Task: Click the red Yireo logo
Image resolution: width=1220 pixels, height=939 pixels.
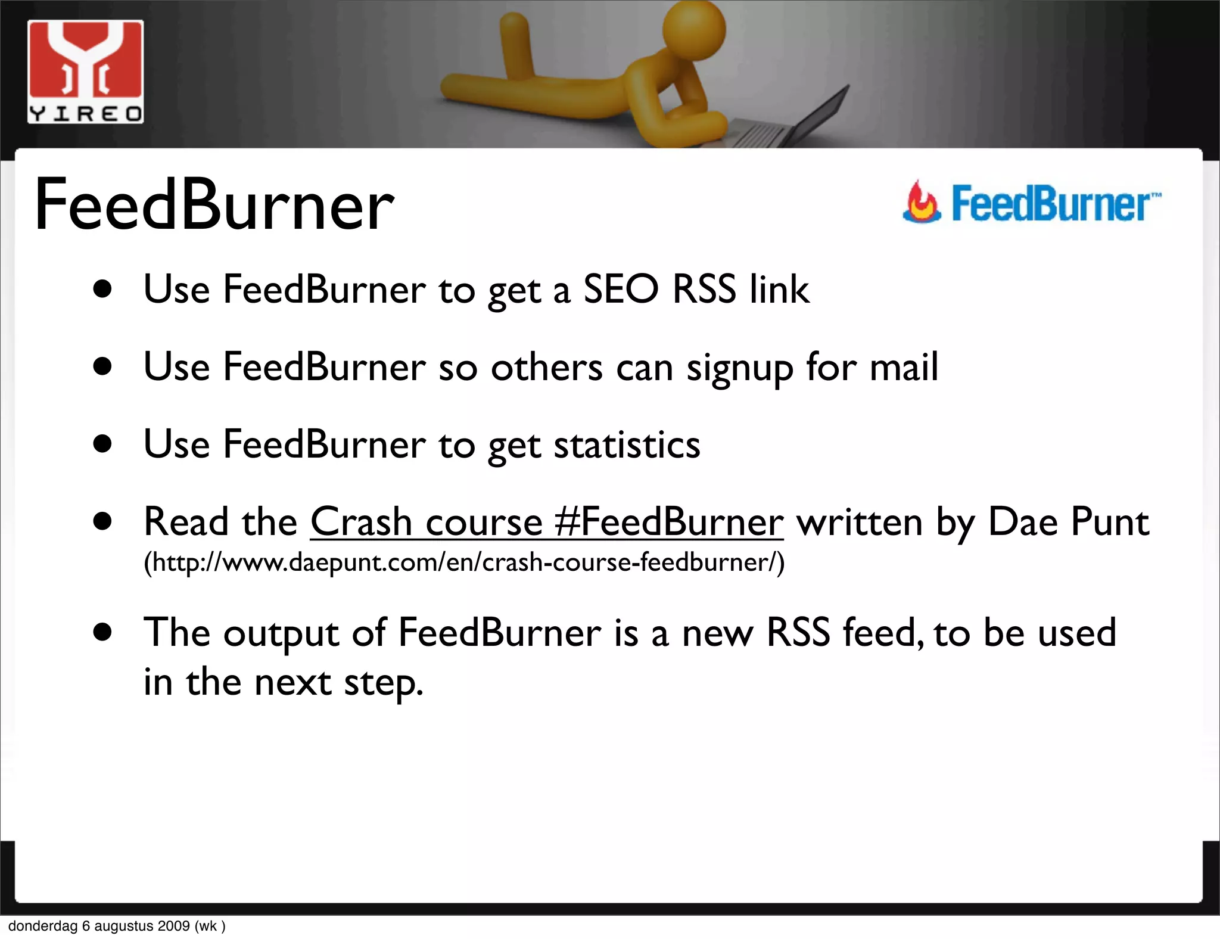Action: (85, 71)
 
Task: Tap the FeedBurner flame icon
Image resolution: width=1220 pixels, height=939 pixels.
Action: (922, 203)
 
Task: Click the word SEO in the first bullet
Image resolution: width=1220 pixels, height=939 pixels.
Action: (621, 290)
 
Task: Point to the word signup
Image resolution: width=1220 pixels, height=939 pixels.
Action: (739, 368)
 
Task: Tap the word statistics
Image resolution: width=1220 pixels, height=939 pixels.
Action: (627, 444)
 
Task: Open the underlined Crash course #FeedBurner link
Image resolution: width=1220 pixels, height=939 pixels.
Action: (546, 522)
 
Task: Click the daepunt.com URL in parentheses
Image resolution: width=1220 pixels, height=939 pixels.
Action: (464, 562)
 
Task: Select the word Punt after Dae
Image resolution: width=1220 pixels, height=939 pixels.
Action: (1110, 522)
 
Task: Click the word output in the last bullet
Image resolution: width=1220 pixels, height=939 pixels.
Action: (281, 633)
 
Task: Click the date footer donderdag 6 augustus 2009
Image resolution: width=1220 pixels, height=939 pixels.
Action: (117, 926)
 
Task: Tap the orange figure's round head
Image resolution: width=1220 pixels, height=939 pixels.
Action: (694, 30)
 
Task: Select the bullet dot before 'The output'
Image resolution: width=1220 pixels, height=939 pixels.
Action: (102, 633)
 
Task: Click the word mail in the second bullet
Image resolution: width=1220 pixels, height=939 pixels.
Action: (904, 367)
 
